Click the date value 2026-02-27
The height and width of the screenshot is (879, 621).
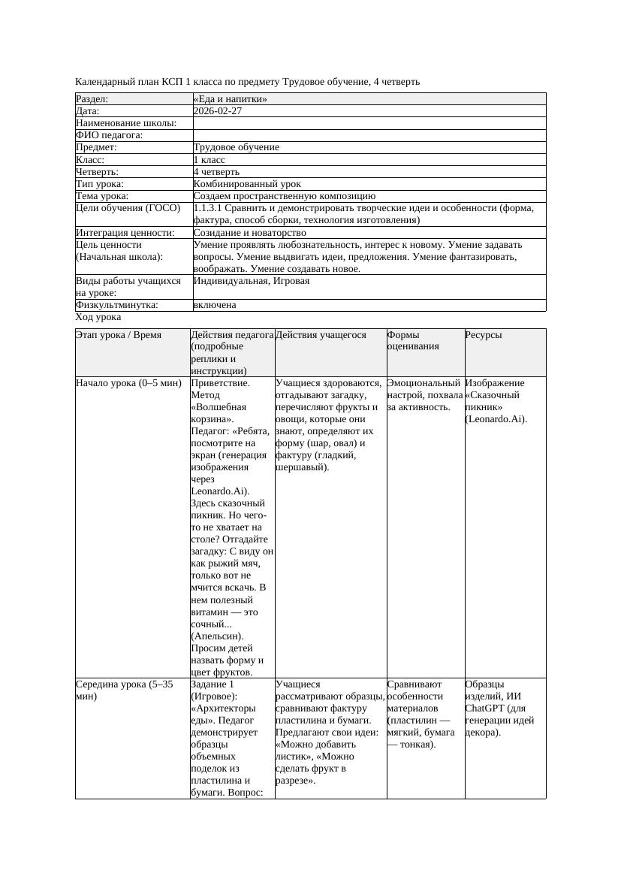(x=218, y=111)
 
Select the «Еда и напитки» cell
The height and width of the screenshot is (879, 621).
(x=231, y=99)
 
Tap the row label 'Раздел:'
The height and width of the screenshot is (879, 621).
(x=92, y=99)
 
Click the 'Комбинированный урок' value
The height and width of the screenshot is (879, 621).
(x=247, y=184)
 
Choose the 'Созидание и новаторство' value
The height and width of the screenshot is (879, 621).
(x=249, y=233)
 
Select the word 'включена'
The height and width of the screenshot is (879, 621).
(x=215, y=305)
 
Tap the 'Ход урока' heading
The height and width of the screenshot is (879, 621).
(x=98, y=318)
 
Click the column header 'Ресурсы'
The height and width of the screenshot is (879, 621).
(x=484, y=335)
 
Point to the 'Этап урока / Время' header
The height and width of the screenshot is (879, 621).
(x=119, y=335)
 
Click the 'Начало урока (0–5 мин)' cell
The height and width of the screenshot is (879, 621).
(x=129, y=383)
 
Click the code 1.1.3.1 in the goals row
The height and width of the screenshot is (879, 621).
(x=212, y=208)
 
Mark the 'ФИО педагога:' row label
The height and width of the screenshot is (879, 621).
(x=110, y=135)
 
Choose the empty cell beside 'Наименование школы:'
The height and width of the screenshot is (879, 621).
(x=369, y=123)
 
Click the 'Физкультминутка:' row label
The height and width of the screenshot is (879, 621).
(x=116, y=305)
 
